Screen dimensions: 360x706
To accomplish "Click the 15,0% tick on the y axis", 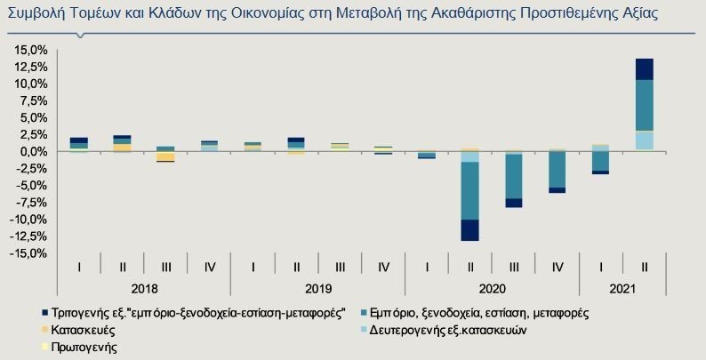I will pyautogui.click(x=28, y=50).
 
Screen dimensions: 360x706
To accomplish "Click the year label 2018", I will pyautogui.click(x=144, y=290).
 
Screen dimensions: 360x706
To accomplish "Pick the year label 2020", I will pyautogui.click(x=492, y=290).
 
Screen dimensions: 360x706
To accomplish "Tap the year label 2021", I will pyautogui.click(x=622, y=290).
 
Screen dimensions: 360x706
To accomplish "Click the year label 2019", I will pyautogui.click(x=317, y=290).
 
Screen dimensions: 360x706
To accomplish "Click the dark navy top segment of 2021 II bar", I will pyautogui.click(x=645, y=69).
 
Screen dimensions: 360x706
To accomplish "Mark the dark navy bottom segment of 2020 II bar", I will pyautogui.click(x=469, y=229).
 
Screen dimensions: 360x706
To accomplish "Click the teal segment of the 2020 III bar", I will pyautogui.click(x=513, y=176).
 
